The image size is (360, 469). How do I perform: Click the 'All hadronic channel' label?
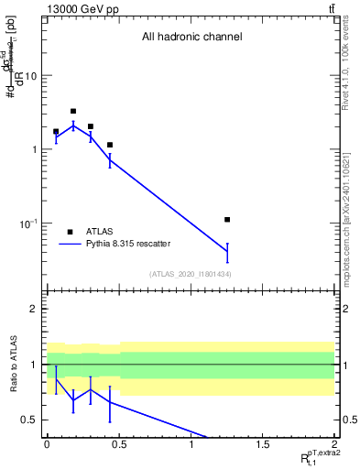[191, 38]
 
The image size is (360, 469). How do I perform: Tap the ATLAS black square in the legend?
[70, 232]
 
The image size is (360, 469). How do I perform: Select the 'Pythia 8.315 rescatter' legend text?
[128, 245]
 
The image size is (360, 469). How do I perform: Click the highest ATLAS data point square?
[73, 111]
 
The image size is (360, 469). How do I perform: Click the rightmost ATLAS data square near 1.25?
[227, 220]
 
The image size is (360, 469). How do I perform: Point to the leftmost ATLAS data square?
[56, 132]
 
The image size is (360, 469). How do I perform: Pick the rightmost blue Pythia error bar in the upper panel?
[227, 252]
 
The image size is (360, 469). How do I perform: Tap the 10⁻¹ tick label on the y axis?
[28, 224]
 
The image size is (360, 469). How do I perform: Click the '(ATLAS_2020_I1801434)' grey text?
[191, 274]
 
